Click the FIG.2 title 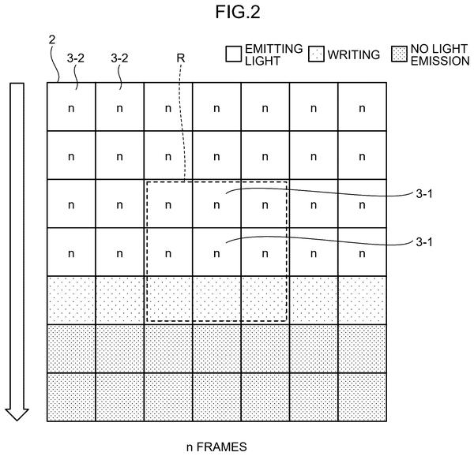click(x=238, y=13)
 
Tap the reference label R click(x=180, y=58)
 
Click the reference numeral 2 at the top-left click(x=52, y=39)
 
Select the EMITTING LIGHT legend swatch click(x=233, y=54)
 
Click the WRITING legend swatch click(x=316, y=54)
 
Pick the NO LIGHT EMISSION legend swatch click(x=399, y=54)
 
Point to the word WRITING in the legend click(x=354, y=54)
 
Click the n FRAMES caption click(x=216, y=447)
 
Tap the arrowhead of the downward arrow click(x=17, y=414)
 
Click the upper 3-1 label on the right click(x=424, y=194)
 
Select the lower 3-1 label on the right click(x=424, y=242)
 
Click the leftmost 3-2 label click(x=76, y=58)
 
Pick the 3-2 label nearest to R click(x=119, y=58)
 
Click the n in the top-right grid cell click(x=362, y=108)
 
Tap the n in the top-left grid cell click(x=71, y=108)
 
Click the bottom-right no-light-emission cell click(x=362, y=397)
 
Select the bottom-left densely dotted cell click(x=71, y=397)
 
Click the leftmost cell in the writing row click(x=71, y=301)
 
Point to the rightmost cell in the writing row click(x=362, y=301)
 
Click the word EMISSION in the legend click(x=440, y=61)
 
